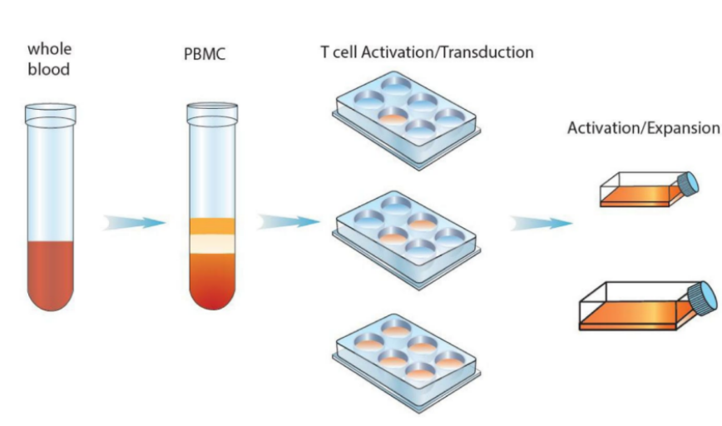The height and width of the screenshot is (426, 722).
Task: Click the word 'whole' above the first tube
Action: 49,49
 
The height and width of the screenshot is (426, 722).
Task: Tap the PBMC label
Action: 205,54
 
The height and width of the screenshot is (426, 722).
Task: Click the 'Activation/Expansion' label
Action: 643,127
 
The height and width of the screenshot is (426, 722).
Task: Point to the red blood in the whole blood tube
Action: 50,274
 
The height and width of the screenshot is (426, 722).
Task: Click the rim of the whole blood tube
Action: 51,114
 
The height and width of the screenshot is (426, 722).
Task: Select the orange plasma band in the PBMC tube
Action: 212,226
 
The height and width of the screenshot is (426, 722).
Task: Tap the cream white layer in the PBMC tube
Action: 212,244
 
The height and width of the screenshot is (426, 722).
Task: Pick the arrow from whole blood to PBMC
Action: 134,223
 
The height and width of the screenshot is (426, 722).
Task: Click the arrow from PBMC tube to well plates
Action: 289,222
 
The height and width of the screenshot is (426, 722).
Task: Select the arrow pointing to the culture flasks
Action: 541,223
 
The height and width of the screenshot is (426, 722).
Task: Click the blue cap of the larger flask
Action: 703,299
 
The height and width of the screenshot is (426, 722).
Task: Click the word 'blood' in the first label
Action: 49,69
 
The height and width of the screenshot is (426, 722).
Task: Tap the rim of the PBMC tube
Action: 212,113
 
